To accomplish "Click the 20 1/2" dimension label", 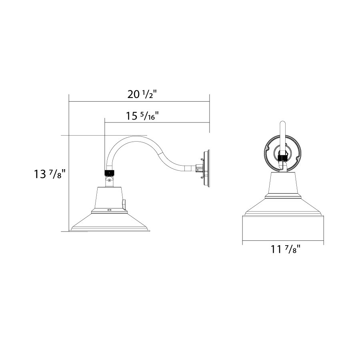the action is click(142, 94).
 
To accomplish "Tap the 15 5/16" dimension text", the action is click(142, 116).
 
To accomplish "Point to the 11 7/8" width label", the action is click(285, 249).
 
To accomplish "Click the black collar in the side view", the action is click(110, 173).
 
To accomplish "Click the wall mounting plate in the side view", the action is click(207, 168).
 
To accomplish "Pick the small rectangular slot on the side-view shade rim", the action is click(110, 210).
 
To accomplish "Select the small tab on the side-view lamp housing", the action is click(124, 204).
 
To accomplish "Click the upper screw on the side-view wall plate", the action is click(202, 159).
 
